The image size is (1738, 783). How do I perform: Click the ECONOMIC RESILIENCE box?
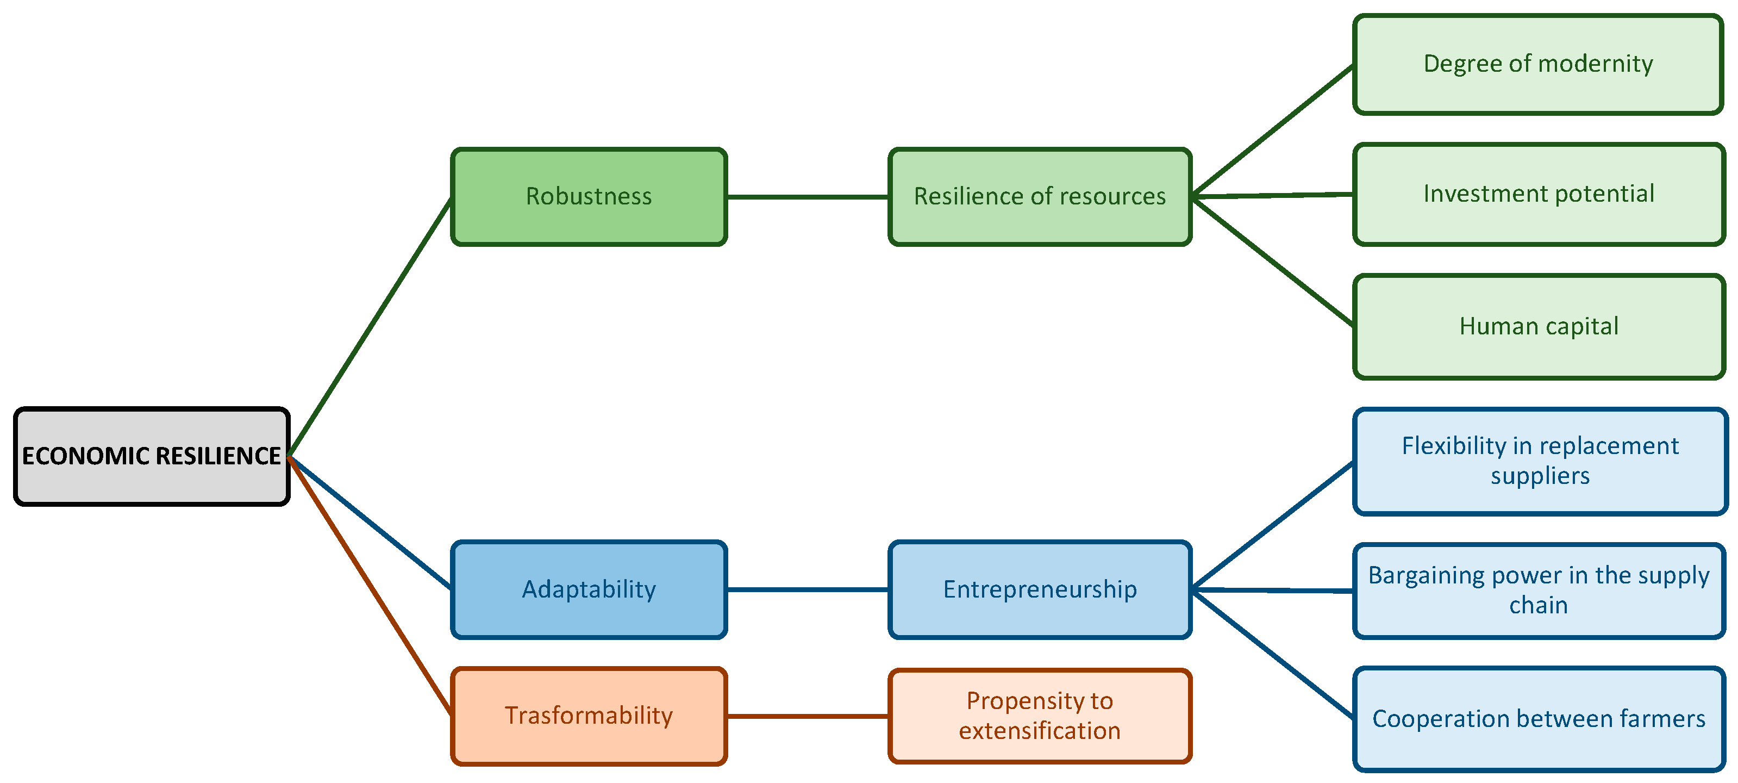pos(152,456)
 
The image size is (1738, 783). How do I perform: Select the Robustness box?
pos(589,196)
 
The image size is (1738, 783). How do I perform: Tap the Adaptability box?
pos(589,589)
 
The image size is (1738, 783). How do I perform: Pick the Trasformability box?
pos(589,716)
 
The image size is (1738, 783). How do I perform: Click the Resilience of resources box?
pos(1039,196)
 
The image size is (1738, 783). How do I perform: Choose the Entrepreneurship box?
pos(1039,589)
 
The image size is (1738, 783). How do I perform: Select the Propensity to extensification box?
pos(1039,716)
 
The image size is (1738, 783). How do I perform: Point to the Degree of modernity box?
pos(1539,64)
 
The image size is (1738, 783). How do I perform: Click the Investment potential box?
pos(1539,194)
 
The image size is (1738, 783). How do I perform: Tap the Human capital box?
pos(1539,326)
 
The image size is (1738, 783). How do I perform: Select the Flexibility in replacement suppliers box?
pos(1540,461)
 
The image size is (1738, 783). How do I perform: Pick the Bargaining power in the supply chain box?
pos(1539,590)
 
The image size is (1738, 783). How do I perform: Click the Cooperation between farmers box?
pos(1539,719)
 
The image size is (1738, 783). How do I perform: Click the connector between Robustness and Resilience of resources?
pos(807,197)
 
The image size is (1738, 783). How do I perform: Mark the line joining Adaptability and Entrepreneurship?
pos(807,589)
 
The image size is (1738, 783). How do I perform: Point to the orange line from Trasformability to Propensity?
pos(807,716)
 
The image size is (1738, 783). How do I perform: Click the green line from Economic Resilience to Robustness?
pos(370,327)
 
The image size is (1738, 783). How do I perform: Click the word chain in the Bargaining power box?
pos(1539,606)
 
